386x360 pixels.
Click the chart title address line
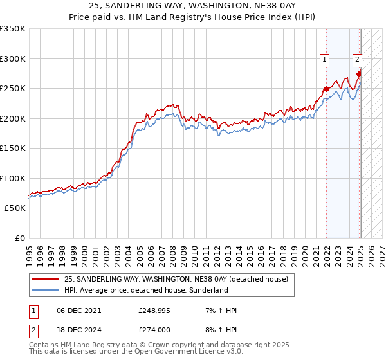coord(193,6)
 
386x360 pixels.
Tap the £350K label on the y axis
coord(13,29)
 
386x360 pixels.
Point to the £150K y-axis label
coord(13,148)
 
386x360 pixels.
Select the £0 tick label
coord(19,238)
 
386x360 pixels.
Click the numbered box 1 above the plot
coord(324,60)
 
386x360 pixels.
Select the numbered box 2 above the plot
coord(357,60)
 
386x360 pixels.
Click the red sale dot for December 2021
coord(326,89)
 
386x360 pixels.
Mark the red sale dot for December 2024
coord(359,74)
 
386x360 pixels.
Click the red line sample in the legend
coord(45,279)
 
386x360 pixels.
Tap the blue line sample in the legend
coord(45,290)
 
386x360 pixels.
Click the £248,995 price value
coord(154,310)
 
